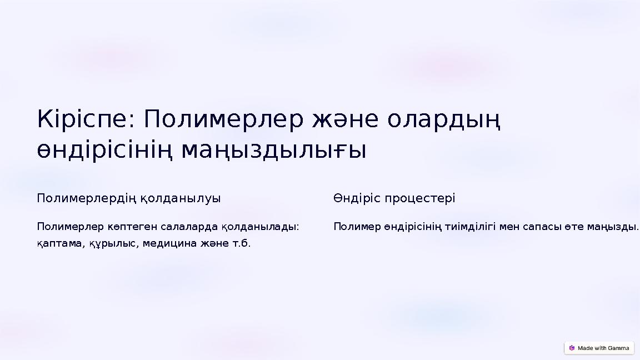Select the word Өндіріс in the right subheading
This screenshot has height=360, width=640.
point(357,198)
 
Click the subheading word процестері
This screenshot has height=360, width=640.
point(420,198)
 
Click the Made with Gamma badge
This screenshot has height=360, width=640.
point(599,348)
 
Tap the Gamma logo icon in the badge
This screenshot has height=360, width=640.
point(572,348)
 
